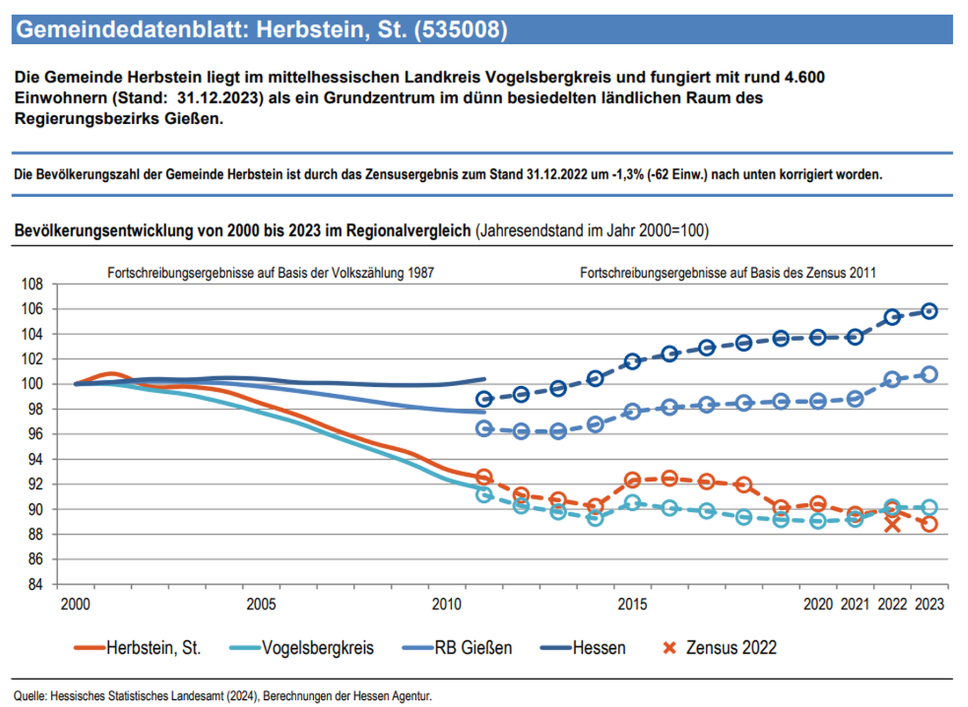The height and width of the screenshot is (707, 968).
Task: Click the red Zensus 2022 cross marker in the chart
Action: pos(892,525)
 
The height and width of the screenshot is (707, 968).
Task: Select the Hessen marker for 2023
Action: pos(930,311)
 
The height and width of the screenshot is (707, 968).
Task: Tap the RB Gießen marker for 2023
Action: pos(930,374)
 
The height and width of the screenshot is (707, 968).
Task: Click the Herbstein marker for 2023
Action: pos(930,524)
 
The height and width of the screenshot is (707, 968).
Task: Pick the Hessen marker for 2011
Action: pos(485,399)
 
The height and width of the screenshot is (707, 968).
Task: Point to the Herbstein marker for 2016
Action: pos(670,478)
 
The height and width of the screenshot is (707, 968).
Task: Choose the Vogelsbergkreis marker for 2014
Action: pos(595,519)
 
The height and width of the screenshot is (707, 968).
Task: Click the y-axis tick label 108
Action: pos(33,284)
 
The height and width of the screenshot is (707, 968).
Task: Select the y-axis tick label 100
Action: pos(33,383)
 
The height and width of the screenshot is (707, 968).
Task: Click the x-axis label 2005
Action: pos(261,604)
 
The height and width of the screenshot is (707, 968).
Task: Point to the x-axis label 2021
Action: pos(855,604)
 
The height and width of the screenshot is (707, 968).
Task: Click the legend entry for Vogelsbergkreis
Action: pos(302,647)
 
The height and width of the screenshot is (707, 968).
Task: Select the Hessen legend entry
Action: pos(583,647)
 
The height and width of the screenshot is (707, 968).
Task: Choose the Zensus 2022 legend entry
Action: pos(719,647)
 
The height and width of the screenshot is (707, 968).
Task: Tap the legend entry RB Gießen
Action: pos(457,647)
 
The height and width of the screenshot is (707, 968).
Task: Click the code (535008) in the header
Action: pos(461,29)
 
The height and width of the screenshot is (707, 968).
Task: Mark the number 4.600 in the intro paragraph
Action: pos(804,77)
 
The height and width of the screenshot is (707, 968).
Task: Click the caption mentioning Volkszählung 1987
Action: pos(271,273)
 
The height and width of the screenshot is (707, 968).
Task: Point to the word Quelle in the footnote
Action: pos(30,696)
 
